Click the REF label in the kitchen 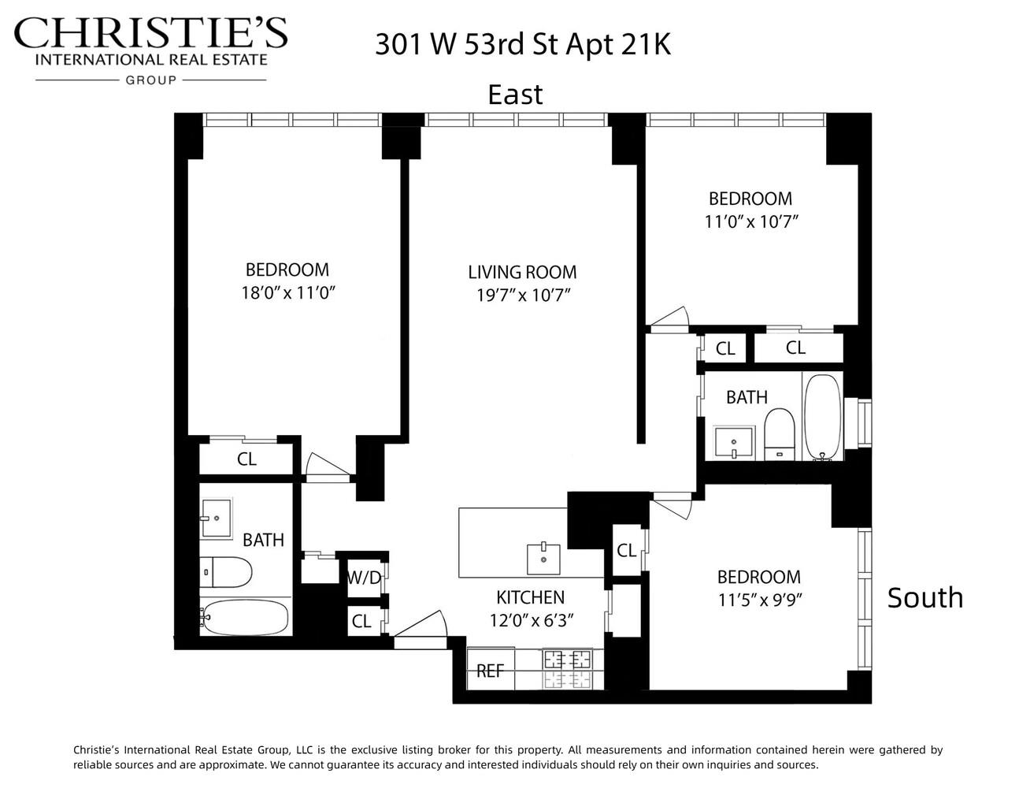pyautogui.click(x=490, y=671)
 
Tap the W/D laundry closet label pyautogui.click(x=364, y=578)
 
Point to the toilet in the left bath pyautogui.click(x=224, y=571)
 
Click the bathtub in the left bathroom pyautogui.click(x=244, y=618)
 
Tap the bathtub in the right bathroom pyautogui.click(x=822, y=416)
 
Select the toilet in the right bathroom pyautogui.click(x=780, y=433)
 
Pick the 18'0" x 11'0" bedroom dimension pyautogui.click(x=288, y=293)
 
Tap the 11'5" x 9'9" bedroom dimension pyautogui.click(x=760, y=600)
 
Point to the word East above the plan pyautogui.click(x=515, y=95)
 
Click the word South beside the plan pyautogui.click(x=925, y=597)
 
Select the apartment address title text pyautogui.click(x=522, y=44)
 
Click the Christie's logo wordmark pyautogui.click(x=151, y=35)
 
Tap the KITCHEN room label pyautogui.click(x=530, y=597)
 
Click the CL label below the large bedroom pyautogui.click(x=246, y=459)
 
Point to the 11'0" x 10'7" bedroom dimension pyautogui.click(x=750, y=222)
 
